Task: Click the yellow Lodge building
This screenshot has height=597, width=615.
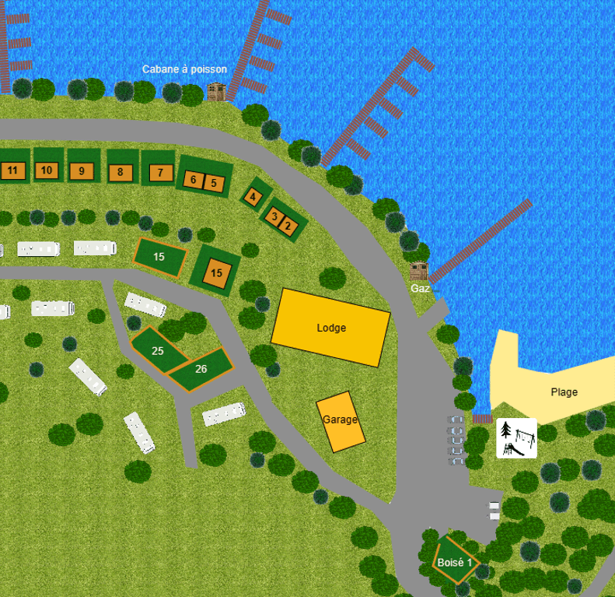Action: pos(330,328)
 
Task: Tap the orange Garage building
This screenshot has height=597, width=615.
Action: pos(341,420)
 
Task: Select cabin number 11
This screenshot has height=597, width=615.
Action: pos(12,170)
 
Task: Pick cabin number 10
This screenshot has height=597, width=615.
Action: pos(47,170)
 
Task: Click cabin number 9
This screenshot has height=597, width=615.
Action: pos(82,170)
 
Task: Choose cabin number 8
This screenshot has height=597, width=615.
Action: pos(120,172)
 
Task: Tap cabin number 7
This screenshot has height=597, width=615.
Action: pos(160,172)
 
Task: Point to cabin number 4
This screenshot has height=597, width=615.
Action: pos(253,197)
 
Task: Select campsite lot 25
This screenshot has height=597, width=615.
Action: pos(158,350)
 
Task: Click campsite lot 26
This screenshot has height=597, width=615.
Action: pos(201,369)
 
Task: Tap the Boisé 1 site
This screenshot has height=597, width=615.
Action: pos(455,562)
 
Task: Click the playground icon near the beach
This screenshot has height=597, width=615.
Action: pos(516,438)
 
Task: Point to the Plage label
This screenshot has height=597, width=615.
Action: pos(564,392)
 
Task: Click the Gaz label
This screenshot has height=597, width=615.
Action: pos(420,288)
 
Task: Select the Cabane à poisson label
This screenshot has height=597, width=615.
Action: pos(184,69)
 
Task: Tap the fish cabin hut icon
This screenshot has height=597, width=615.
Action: pos(216,92)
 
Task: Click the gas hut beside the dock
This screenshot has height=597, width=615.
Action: pos(419,271)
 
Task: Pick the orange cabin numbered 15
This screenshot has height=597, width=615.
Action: pos(216,273)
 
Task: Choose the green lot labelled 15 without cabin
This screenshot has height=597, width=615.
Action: pos(159,257)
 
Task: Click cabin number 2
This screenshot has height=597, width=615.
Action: pos(288,227)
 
